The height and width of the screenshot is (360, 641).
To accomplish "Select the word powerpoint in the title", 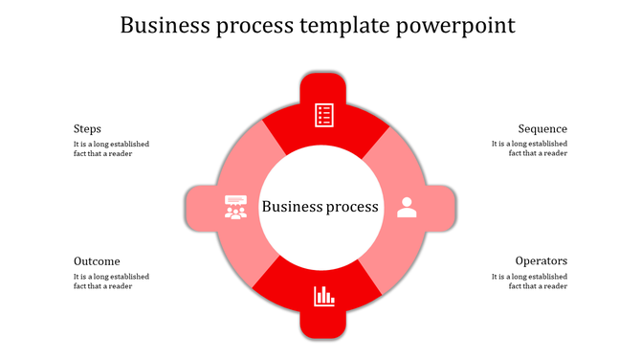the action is (x=458, y=26).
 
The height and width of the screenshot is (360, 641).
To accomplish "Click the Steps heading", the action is (x=87, y=129).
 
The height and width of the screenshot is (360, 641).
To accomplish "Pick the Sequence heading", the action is (x=542, y=129).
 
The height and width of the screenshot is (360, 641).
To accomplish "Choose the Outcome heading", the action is (x=97, y=261).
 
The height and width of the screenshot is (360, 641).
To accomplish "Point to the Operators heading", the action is (x=541, y=261).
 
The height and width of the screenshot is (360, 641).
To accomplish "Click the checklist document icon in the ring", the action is (x=325, y=116).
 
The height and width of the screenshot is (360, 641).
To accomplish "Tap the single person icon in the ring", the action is (x=407, y=207).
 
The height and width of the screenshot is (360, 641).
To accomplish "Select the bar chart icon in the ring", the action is (x=324, y=296).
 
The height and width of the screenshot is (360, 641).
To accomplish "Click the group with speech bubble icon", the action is (x=235, y=207).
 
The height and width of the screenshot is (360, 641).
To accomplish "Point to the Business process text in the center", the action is (x=320, y=207).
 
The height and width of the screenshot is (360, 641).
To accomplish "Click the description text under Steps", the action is (x=111, y=148).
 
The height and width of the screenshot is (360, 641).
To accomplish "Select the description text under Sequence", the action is (x=529, y=148).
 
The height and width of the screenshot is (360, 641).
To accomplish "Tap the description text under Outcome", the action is (x=111, y=281).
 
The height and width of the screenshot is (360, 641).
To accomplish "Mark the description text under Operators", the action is (x=529, y=281).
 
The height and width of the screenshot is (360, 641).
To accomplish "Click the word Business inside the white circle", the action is (x=290, y=207).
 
